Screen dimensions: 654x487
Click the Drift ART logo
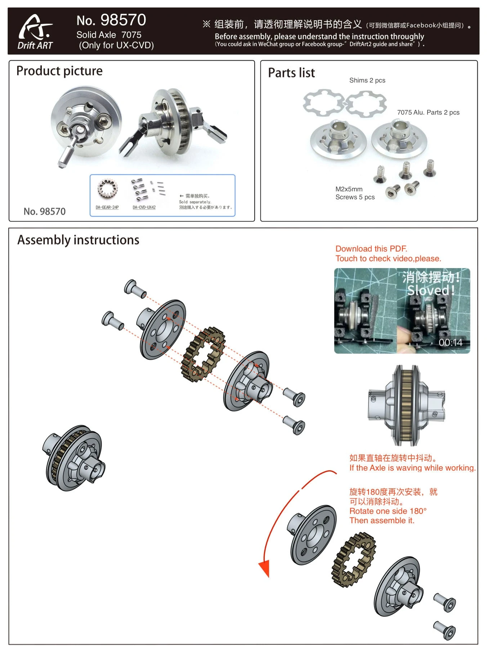35,32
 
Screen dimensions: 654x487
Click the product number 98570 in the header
111,20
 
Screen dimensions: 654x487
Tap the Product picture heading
59,71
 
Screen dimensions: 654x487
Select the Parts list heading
291,73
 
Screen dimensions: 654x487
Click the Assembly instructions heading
78,240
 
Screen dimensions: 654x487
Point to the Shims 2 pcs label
367,80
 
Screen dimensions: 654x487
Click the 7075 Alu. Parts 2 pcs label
428,112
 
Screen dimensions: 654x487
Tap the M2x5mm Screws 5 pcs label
355,193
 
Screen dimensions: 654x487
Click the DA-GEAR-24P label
107,207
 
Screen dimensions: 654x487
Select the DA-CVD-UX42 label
144,207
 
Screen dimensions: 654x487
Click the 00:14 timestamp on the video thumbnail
450,342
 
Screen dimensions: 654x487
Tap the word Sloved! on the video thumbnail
431,290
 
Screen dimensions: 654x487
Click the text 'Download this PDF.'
371,249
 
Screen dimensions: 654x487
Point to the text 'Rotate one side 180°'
388,511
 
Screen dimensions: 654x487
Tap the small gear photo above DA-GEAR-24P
106,189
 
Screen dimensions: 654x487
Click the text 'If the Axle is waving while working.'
412,468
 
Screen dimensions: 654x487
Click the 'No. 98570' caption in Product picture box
45,212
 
